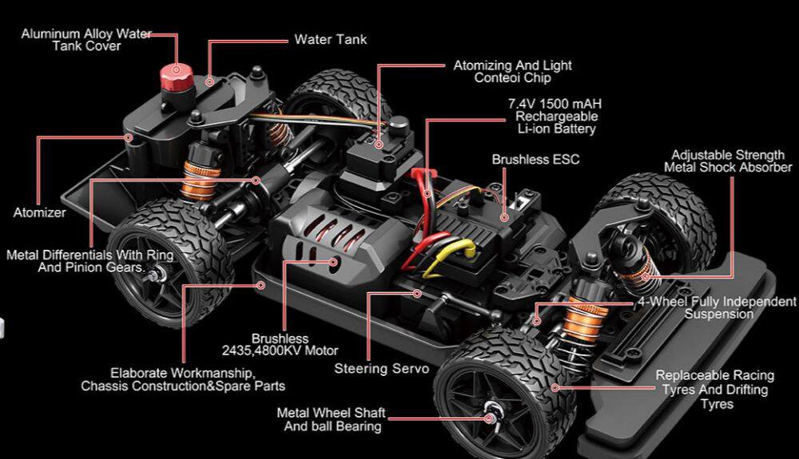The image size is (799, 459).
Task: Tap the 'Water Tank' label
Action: [x=331, y=39]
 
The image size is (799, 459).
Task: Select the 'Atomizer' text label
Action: [x=39, y=213]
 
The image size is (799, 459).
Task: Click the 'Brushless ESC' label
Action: [x=535, y=160]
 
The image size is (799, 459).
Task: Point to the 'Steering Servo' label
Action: [x=381, y=369]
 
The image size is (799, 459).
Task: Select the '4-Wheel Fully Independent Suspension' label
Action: [x=718, y=308]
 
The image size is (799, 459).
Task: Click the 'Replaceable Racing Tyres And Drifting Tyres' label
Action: [x=715, y=390]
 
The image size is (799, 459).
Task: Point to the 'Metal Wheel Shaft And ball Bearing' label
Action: [x=331, y=420]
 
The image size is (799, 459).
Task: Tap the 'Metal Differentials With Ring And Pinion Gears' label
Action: [x=89, y=262]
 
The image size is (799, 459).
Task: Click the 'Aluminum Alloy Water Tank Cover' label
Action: [x=86, y=40]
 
